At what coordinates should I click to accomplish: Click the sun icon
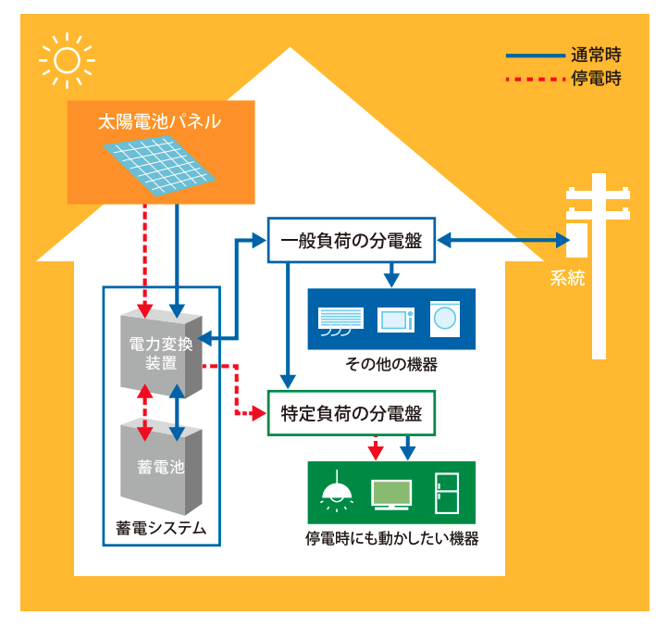67,60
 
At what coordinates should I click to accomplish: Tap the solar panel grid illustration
163,165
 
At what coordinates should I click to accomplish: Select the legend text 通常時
596,55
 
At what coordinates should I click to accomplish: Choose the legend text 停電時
596,78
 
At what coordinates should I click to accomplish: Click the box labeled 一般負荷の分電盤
351,241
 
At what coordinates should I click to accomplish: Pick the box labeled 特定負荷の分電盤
351,413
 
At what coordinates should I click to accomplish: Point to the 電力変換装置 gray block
161,354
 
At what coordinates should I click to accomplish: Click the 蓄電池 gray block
161,468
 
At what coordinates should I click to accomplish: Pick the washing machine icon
445,317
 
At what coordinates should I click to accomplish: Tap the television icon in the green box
390,494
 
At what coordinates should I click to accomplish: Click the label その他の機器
390,364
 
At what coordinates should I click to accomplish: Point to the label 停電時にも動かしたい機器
391,538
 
